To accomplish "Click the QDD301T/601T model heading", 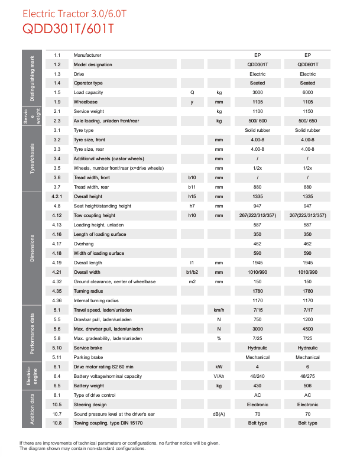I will pyautogui.click(x=68, y=28).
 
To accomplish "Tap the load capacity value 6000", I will pyautogui.click(x=307, y=93).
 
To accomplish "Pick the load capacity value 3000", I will pyautogui.click(x=257, y=93).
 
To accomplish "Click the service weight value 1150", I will pyautogui.click(x=307, y=112).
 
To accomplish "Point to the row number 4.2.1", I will pyautogui.click(x=57, y=196).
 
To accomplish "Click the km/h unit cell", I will pyautogui.click(x=219, y=310).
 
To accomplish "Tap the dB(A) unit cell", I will pyautogui.click(x=219, y=414).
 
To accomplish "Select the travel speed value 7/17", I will pyautogui.click(x=307, y=310).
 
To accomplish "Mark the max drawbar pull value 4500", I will pyautogui.click(x=307, y=329).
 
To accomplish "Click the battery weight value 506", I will pyautogui.click(x=307, y=386).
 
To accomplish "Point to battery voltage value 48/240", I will pyautogui.click(x=257, y=376).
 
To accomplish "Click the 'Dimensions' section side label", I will pyautogui.click(x=33, y=248).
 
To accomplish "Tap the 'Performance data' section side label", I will pyautogui.click(x=33, y=334).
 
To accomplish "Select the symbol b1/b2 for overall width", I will pyautogui.click(x=192, y=272).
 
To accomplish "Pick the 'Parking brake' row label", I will pyautogui.click(x=89, y=357).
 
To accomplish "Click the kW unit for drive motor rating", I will pyautogui.click(x=219, y=367).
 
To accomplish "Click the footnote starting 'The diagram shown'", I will pyautogui.click(x=82, y=449).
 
